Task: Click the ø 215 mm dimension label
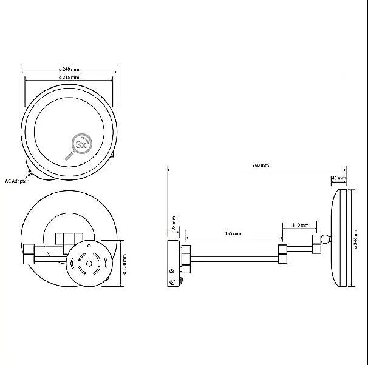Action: tap(69, 78)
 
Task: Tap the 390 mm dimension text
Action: tap(261, 165)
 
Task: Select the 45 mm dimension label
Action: tap(339, 178)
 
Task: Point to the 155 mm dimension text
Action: tap(233, 233)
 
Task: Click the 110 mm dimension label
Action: tap(301, 225)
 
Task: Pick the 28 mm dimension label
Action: tap(174, 223)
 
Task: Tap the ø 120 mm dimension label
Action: tap(124, 264)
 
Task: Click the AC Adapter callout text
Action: tap(16, 181)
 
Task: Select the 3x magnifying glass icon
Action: tap(78, 147)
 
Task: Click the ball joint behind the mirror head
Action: tap(325, 239)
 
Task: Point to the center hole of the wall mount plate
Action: tap(89, 264)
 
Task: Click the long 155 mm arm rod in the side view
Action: tap(234, 259)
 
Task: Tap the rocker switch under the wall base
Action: tap(181, 280)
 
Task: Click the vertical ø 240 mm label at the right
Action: tap(356, 238)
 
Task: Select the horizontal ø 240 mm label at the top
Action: tap(69, 69)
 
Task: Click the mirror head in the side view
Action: tap(339, 238)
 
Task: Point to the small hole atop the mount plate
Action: tap(89, 246)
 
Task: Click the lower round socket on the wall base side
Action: tap(172, 283)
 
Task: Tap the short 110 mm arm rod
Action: tap(300, 249)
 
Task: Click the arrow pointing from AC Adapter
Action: tap(27, 176)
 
